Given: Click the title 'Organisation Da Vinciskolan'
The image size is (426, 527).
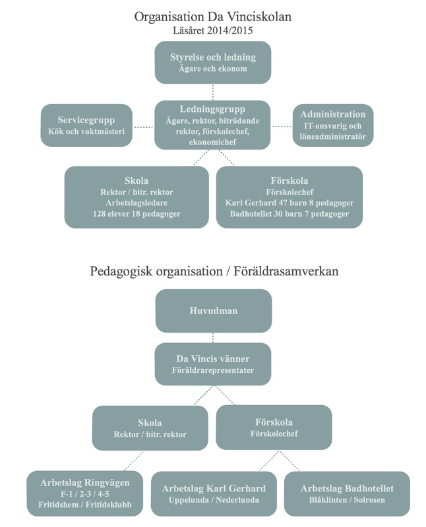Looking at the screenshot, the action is click(212, 17).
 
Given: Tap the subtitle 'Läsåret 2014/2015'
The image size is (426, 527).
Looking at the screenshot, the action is click(212, 30).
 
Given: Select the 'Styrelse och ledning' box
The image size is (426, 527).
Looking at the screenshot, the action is click(212, 63).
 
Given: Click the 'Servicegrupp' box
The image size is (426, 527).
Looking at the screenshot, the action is click(86, 125).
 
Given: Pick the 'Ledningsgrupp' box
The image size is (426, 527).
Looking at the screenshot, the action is click(212, 125).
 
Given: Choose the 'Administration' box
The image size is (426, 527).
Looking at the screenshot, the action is click(333, 125).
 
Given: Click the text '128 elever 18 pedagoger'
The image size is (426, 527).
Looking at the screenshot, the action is click(137, 213).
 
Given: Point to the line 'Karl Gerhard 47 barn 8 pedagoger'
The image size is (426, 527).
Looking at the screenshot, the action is click(289, 203).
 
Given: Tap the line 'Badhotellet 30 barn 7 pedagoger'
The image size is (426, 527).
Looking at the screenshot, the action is click(289, 213).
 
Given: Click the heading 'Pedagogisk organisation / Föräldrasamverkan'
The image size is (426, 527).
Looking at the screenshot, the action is click(214, 271).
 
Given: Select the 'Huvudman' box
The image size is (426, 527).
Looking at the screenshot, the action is click(214, 311).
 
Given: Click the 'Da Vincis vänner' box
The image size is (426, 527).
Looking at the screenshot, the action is click(212, 364).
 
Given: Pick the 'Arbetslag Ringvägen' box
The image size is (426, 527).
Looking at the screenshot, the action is click(85, 493).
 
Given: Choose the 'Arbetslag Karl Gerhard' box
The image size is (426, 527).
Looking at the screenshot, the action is click(214, 493).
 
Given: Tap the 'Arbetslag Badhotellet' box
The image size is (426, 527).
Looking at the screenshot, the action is click(347, 493).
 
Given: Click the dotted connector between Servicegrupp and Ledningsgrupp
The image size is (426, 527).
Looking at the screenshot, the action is click(143, 127).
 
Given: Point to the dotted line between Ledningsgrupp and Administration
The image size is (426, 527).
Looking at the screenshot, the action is click(282, 126).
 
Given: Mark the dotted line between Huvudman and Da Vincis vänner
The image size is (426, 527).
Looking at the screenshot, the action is click(213, 337).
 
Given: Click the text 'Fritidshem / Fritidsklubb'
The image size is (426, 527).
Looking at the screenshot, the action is click(85, 505).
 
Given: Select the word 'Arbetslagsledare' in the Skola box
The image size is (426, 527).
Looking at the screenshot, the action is click(137, 203).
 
